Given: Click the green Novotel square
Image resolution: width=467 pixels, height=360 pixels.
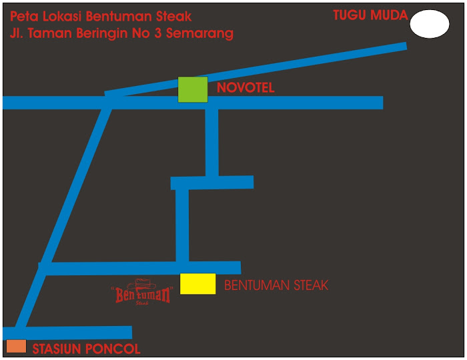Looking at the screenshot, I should pos(192,89).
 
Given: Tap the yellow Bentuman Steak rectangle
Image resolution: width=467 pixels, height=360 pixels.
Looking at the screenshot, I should pos(198,283).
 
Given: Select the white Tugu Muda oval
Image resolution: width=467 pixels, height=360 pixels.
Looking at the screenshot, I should pos(429,25).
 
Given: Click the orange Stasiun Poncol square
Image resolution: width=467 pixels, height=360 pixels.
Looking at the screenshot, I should pos(16,346).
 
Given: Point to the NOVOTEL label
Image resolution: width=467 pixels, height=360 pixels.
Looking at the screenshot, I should pos(245,88).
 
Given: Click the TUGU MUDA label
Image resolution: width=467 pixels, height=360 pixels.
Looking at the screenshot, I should pos(370,15).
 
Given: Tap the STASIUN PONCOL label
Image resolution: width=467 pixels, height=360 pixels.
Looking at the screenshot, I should pos(87,349).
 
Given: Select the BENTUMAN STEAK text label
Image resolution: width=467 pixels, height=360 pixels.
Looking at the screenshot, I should pos(276,285).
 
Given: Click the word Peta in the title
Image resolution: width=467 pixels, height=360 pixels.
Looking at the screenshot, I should pos(23,16).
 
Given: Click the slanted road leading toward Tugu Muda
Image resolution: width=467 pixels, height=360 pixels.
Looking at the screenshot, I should pos(300,64).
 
